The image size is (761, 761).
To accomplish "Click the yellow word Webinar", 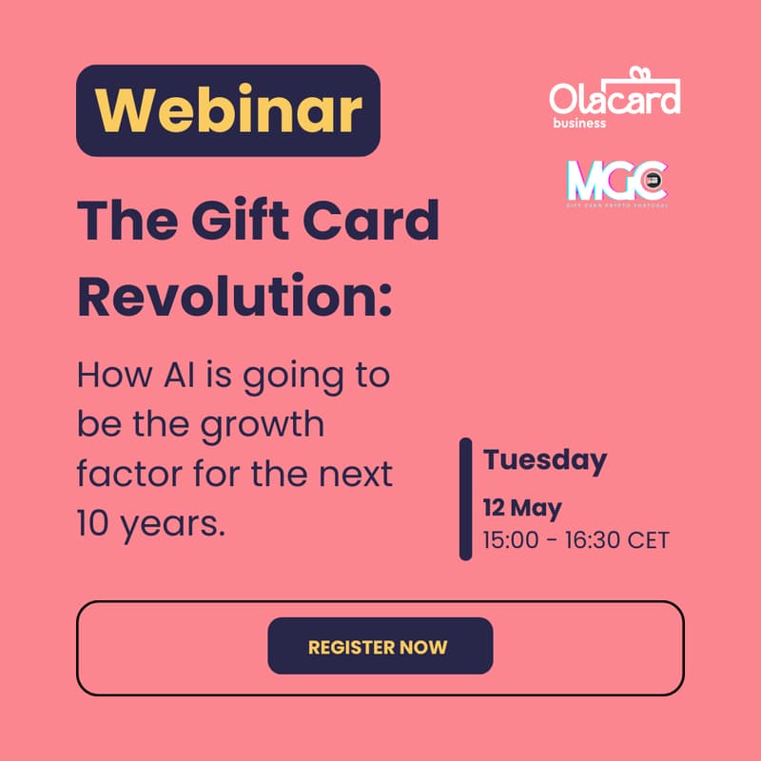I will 228,110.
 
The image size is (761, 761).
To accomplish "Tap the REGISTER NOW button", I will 380,647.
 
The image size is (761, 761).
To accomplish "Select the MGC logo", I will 616,182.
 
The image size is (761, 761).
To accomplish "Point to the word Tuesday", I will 544,460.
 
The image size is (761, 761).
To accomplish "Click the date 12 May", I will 522,508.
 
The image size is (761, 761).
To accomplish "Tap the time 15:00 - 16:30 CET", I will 576,540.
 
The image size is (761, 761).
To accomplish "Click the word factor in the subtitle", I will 125,474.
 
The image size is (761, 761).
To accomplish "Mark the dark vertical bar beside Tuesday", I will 465,499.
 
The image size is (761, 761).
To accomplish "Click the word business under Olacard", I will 579,122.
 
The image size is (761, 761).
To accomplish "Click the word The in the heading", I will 128,221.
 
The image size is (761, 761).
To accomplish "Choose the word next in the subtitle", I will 358,474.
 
